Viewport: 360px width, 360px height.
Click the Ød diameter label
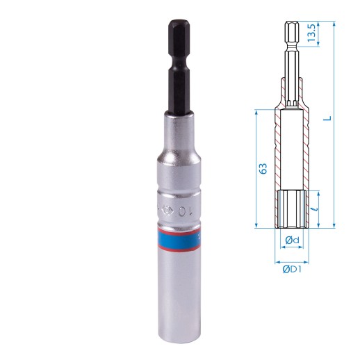[293, 240]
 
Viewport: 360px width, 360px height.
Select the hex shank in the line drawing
[293, 49]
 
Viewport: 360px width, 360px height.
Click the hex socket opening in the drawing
[293, 208]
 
